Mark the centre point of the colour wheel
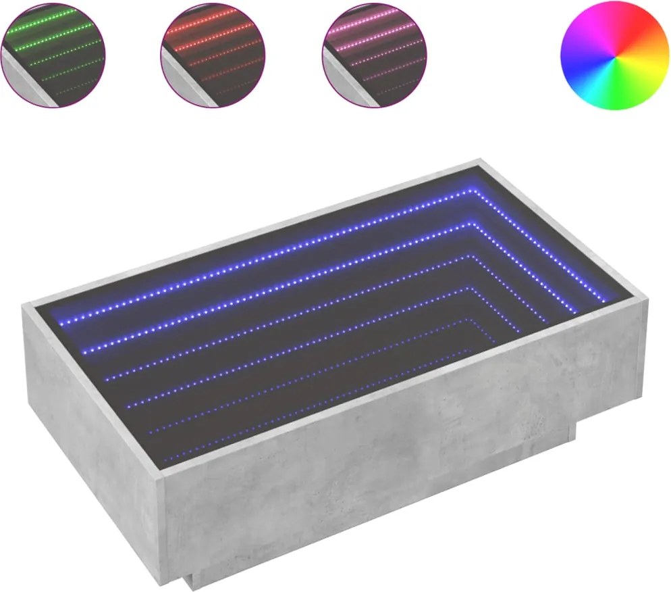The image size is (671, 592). [614, 55]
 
